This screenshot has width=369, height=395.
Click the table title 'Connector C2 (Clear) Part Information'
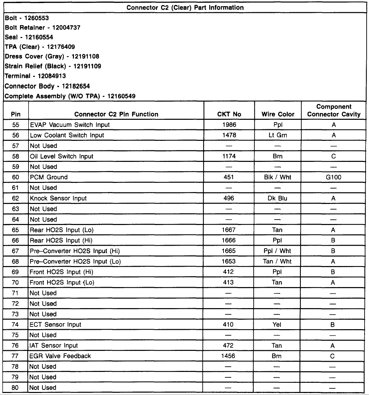(185, 7)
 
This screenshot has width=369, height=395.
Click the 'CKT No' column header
(229, 114)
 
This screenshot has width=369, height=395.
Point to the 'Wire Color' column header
(278, 114)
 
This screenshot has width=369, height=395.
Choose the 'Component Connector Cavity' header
(334, 111)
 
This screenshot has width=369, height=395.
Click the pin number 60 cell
(16, 177)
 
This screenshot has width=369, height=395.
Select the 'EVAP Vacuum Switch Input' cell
(70, 125)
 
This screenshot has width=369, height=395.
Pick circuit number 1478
(229, 135)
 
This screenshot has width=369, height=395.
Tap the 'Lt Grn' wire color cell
(277, 135)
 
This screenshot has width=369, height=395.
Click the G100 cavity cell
(333, 177)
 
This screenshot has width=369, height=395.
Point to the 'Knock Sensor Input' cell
(58, 198)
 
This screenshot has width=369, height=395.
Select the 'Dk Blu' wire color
(277, 198)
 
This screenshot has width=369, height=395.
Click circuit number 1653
(229, 261)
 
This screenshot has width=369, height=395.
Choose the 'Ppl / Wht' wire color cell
(277, 251)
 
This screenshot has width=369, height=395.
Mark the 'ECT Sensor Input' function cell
(56, 324)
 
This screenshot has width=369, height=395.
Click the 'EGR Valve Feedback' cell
(60, 356)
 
